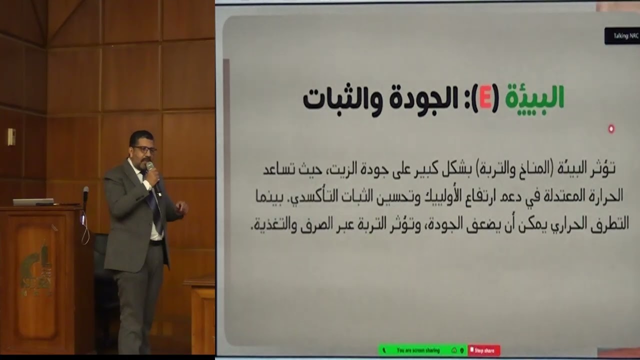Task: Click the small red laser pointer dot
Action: point(611,129)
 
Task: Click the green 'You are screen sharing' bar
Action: point(422,350)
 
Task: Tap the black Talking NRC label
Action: point(621,36)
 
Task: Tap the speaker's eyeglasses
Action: point(144,149)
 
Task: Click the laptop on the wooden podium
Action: point(33,202)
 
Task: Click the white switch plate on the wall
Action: point(11,136)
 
